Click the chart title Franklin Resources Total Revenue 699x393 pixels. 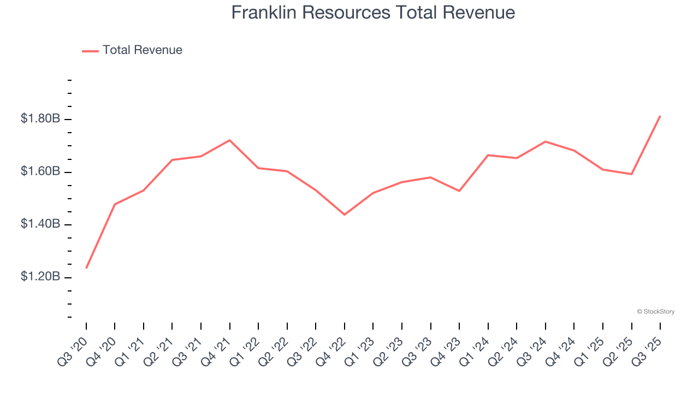pyautogui.click(x=373, y=13)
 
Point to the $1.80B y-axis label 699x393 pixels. pyautogui.click(x=40, y=118)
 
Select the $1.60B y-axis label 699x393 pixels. pyautogui.click(x=40, y=171)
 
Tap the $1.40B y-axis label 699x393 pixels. pyautogui.click(x=40, y=224)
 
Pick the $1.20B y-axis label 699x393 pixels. pyautogui.click(x=40, y=277)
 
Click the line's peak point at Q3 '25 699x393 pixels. pyautogui.click(x=660, y=116)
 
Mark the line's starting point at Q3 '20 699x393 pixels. pyautogui.click(x=86, y=268)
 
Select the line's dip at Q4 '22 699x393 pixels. pyautogui.click(x=345, y=215)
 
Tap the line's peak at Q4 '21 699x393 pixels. pyautogui.click(x=230, y=140)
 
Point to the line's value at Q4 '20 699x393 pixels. pyautogui.click(x=115, y=204)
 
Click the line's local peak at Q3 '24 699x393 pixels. pyautogui.click(x=546, y=141)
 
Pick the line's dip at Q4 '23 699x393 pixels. pyautogui.click(x=459, y=191)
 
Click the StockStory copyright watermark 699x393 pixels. pyautogui.click(x=655, y=312)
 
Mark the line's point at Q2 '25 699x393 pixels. pyautogui.click(x=632, y=174)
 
